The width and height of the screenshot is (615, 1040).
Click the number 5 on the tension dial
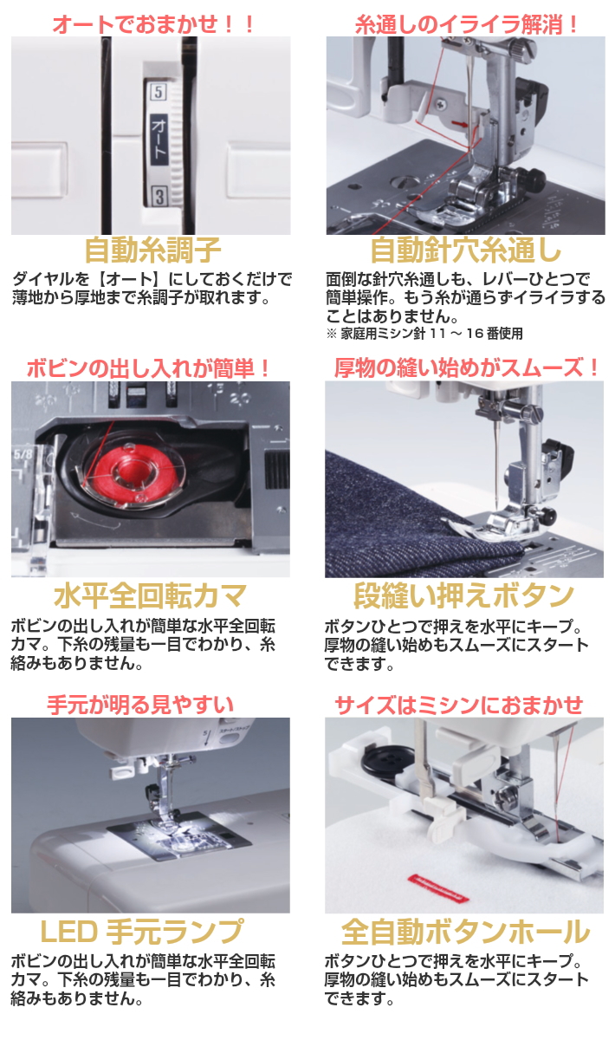point(158,91)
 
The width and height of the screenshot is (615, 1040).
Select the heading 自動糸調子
point(152,250)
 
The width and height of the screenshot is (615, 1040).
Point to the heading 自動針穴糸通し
point(465,250)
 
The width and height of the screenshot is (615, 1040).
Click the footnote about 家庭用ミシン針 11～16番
point(424,333)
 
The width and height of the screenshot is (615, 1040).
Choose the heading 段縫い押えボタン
point(464,596)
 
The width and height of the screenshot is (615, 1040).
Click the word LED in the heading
point(69,932)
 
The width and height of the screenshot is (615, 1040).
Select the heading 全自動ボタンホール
point(465,932)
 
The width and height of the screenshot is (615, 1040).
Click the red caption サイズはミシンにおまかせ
point(459,704)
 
